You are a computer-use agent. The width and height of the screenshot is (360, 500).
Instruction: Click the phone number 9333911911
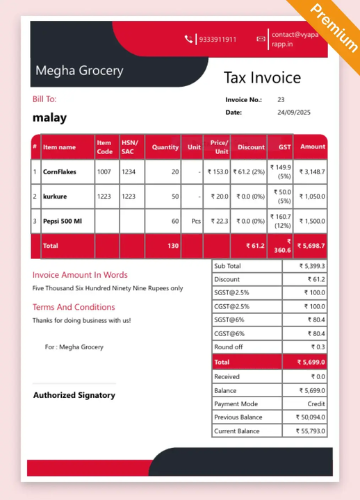pos(218,40)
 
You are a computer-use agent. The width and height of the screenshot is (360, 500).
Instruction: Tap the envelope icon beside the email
pos(261,39)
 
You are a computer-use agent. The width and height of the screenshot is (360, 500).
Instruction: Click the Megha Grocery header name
pos(79,71)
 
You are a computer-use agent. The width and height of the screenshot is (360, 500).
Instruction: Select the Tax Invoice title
pos(262,78)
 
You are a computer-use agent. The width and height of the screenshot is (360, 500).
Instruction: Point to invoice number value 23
pos(281,100)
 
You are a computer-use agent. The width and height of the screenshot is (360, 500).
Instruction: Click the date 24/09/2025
pos(294,112)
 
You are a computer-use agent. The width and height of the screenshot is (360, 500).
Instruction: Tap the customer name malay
pos(49,118)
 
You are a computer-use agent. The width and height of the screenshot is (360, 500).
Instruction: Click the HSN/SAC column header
pos(129,147)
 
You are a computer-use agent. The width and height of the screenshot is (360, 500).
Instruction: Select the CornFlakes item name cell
pos(60,172)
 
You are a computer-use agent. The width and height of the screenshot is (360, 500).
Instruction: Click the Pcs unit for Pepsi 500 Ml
pos(196,221)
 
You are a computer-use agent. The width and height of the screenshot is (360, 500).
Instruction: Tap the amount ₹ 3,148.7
pos(312,172)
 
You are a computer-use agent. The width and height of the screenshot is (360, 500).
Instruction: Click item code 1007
pos(104,172)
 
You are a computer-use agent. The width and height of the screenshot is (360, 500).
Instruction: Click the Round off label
pos(229,347)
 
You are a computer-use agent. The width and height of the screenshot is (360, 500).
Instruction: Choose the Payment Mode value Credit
pos(316,403)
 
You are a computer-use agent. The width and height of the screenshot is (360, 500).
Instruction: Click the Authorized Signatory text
pos(74,395)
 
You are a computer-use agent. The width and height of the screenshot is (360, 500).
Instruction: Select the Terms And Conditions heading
pos(74,307)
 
